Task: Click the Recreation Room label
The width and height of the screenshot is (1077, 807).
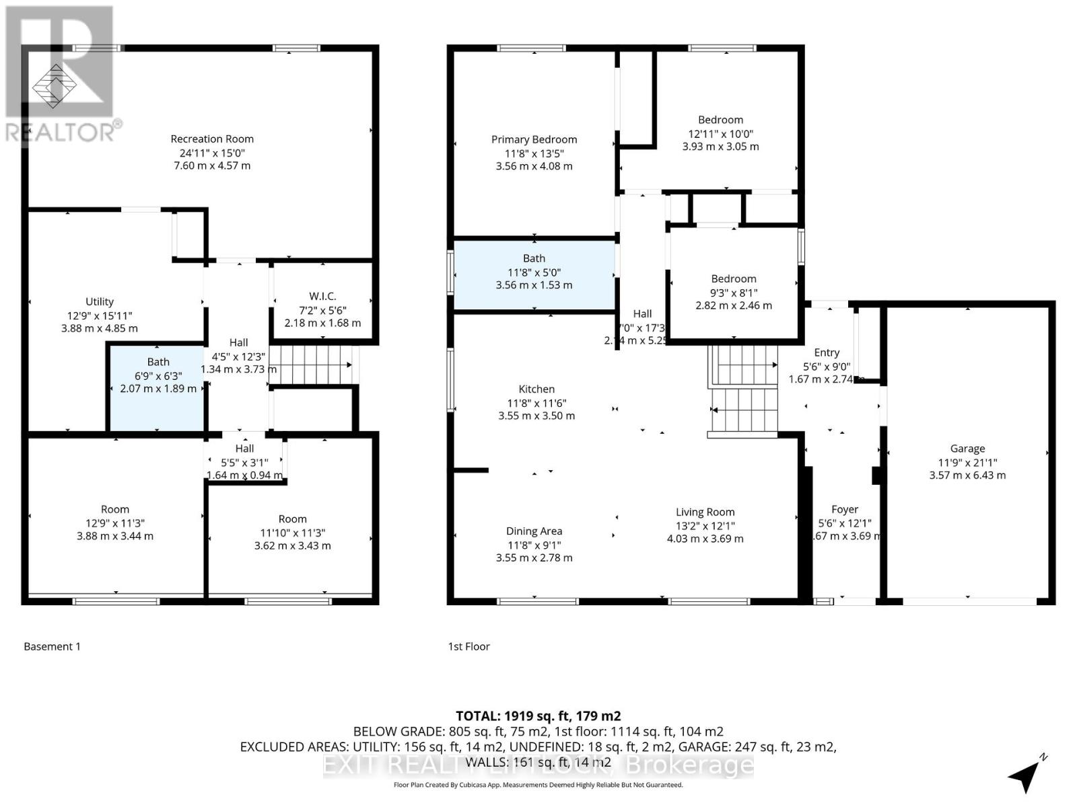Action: tap(212, 139)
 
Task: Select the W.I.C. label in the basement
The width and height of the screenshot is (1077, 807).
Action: tap(322, 296)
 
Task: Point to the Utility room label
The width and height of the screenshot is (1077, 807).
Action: tap(100, 301)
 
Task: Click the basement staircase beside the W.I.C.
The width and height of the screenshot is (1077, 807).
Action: tap(312, 364)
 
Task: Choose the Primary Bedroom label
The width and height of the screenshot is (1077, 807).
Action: tap(534, 139)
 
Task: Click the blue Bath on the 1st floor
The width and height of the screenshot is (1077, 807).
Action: tap(534, 276)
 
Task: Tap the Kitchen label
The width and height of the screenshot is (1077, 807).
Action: tap(536, 389)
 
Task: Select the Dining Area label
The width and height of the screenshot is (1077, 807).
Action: tap(534, 531)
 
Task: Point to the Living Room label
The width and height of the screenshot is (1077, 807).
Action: tap(705, 512)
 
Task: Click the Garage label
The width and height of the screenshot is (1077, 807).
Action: tap(967, 449)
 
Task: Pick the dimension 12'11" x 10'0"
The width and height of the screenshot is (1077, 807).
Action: tap(720, 134)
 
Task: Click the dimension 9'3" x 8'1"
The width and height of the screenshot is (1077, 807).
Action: tap(734, 293)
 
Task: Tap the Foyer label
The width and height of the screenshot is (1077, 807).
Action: tap(844, 510)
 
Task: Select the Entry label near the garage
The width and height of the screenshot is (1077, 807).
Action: tap(827, 352)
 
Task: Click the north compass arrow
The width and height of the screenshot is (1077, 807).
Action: tap(1025, 777)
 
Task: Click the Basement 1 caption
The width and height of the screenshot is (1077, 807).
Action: tap(52, 646)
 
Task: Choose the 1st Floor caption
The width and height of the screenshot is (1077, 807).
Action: tap(468, 646)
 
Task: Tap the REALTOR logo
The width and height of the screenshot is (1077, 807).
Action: tap(60, 74)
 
